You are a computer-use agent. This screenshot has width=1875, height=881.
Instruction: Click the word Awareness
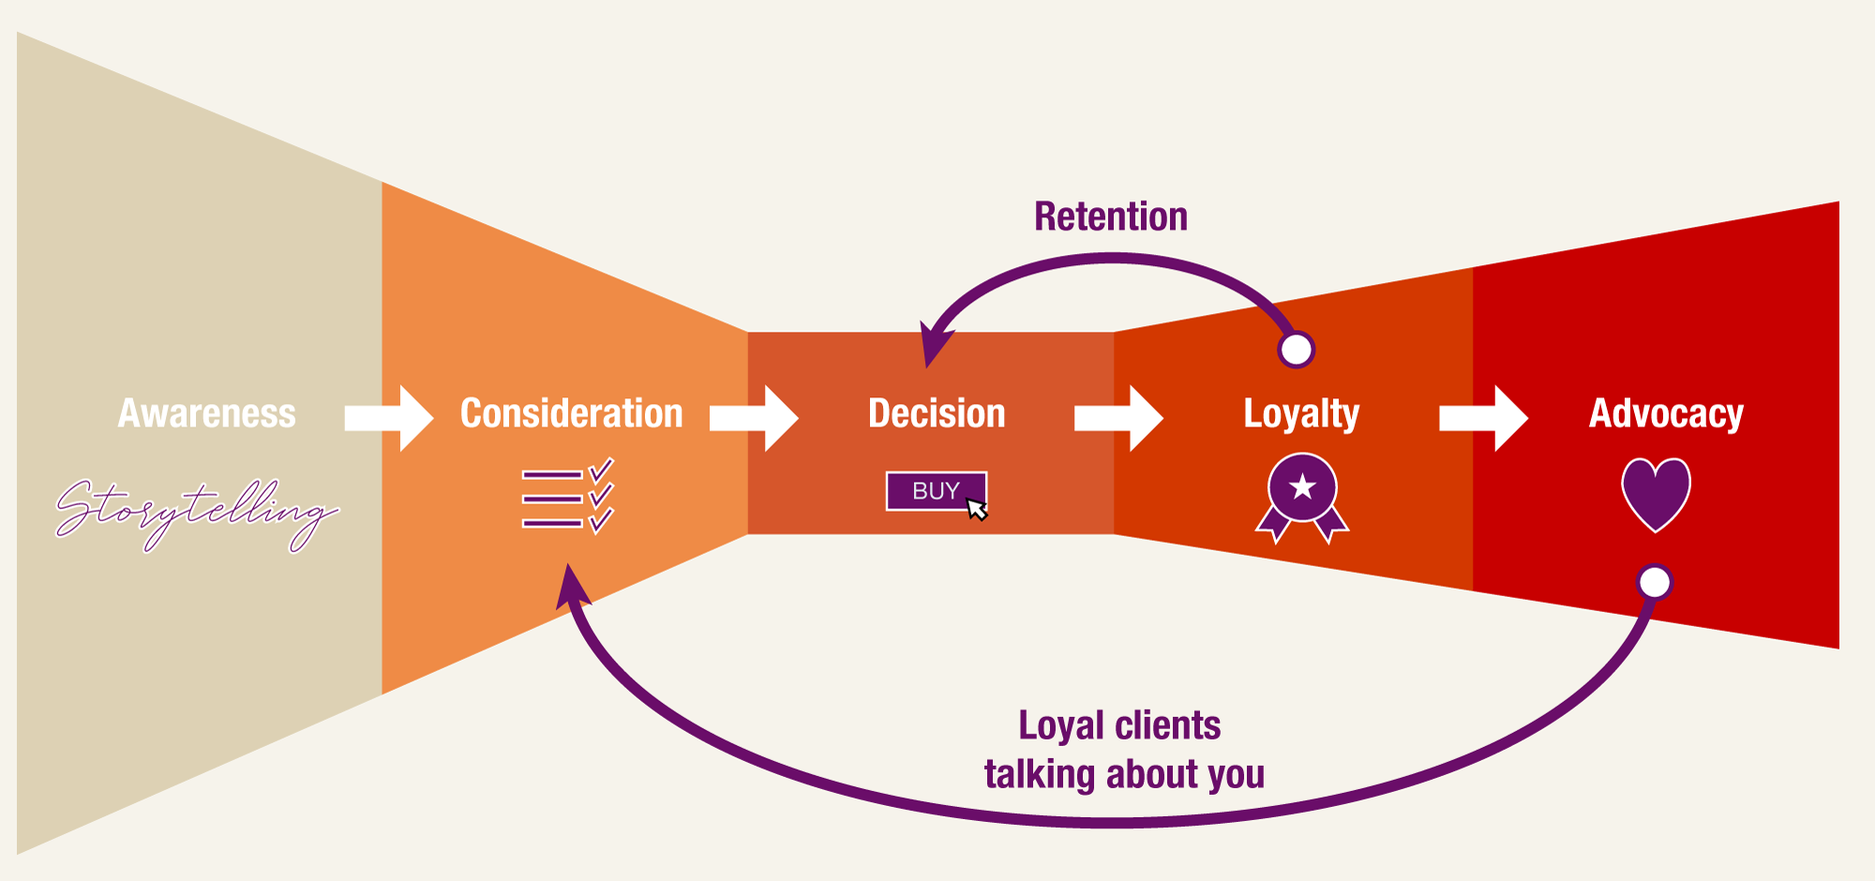(206, 414)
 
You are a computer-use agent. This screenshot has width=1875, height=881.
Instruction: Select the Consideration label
(571, 414)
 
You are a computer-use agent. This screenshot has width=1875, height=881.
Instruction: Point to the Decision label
(937, 414)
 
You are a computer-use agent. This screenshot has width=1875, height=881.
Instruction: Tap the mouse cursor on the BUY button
(977, 509)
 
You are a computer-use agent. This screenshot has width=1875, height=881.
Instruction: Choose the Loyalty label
(1301, 414)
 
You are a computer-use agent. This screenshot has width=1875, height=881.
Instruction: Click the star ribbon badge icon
(1302, 496)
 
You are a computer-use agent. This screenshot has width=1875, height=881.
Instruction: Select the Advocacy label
(1666, 414)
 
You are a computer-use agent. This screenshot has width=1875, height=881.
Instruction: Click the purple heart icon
(1656, 493)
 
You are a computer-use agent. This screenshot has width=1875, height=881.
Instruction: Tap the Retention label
(1111, 217)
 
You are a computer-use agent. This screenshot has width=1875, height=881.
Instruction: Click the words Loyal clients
(1119, 725)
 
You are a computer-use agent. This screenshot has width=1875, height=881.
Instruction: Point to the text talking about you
(1124, 775)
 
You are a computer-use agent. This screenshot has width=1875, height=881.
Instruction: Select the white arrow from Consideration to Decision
(754, 418)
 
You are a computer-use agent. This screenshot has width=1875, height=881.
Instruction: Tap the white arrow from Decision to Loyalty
(1118, 418)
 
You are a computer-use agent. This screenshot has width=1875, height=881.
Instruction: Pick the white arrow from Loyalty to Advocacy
(1483, 418)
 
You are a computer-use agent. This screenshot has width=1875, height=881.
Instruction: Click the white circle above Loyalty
(1297, 350)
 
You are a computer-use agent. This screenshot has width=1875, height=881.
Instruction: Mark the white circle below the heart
(1655, 582)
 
